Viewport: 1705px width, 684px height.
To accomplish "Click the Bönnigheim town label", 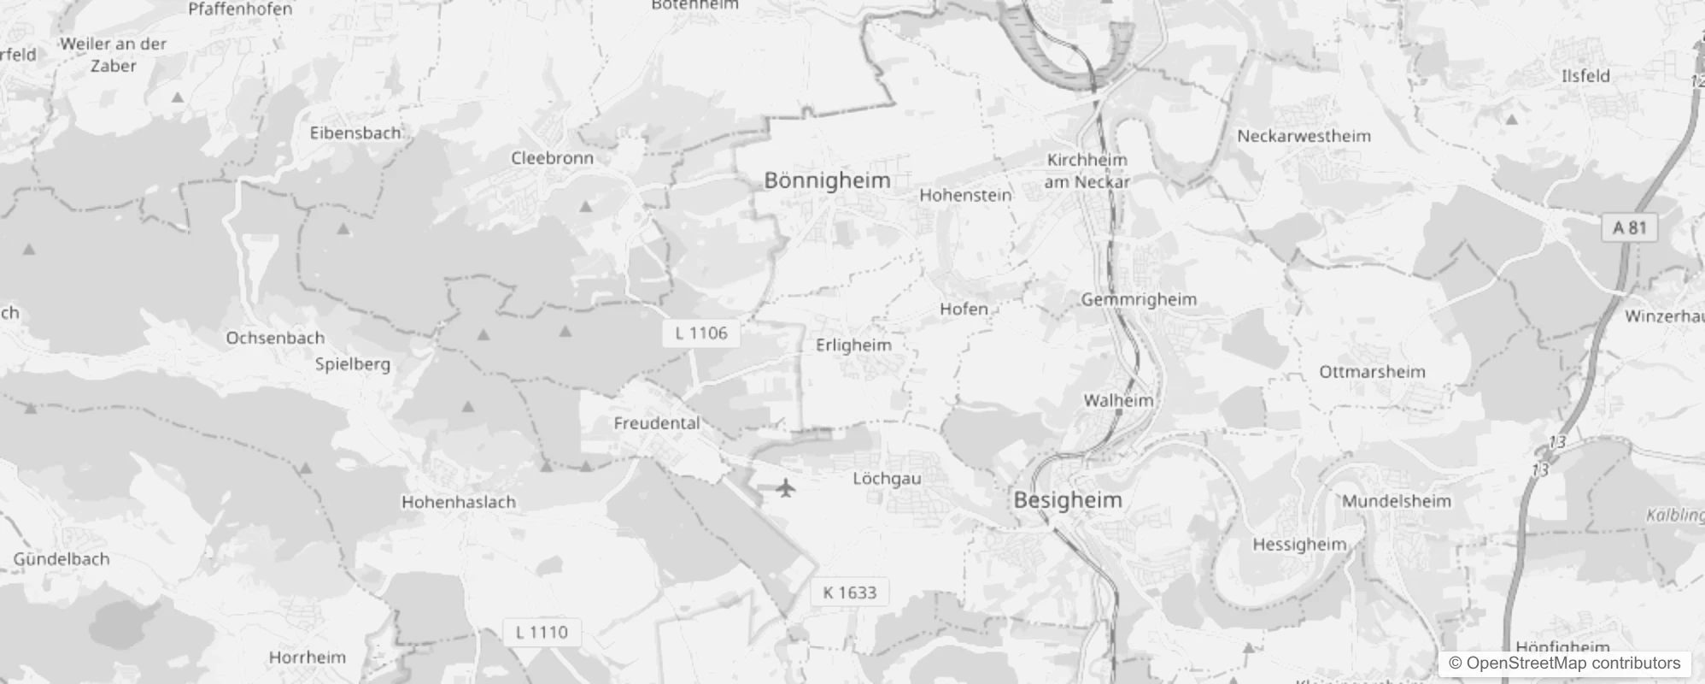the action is [x=827, y=180].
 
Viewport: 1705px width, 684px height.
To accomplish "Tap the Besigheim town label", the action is [x=1068, y=500].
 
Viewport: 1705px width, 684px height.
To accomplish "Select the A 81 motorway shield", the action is [x=1629, y=227].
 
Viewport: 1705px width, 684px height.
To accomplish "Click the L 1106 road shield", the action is [x=701, y=333].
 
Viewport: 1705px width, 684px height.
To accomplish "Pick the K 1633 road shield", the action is [x=849, y=593].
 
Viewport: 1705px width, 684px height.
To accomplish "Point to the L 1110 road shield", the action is [x=542, y=632].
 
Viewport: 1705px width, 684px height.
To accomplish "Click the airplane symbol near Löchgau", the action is [x=786, y=488].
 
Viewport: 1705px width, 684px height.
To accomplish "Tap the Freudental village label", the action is [x=656, y=423].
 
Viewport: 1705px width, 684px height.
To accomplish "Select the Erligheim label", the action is [x=853, y=345].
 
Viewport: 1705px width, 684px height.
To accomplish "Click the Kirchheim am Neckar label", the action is [x=1087, y=170].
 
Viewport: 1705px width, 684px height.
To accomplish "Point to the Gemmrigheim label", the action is [x=1139, y=299].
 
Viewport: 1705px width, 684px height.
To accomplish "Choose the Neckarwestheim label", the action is [x=1304, y=136].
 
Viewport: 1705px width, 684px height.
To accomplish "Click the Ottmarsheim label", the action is [x=1372, y=372].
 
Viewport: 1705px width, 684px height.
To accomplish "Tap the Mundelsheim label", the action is [x=1396, y=501].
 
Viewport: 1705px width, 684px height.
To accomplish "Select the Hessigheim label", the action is [x=1299, y=545].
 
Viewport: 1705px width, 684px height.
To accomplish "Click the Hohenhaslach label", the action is [x=459, y=502].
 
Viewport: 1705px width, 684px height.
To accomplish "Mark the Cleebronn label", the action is [x=552, y=158].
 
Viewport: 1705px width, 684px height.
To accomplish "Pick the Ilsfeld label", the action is [x=1585, y=75].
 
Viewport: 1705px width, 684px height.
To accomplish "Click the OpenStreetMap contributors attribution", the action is [x=1565, y=663].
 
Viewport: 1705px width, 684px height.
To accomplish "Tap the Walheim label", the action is [x=1118, y=400].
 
